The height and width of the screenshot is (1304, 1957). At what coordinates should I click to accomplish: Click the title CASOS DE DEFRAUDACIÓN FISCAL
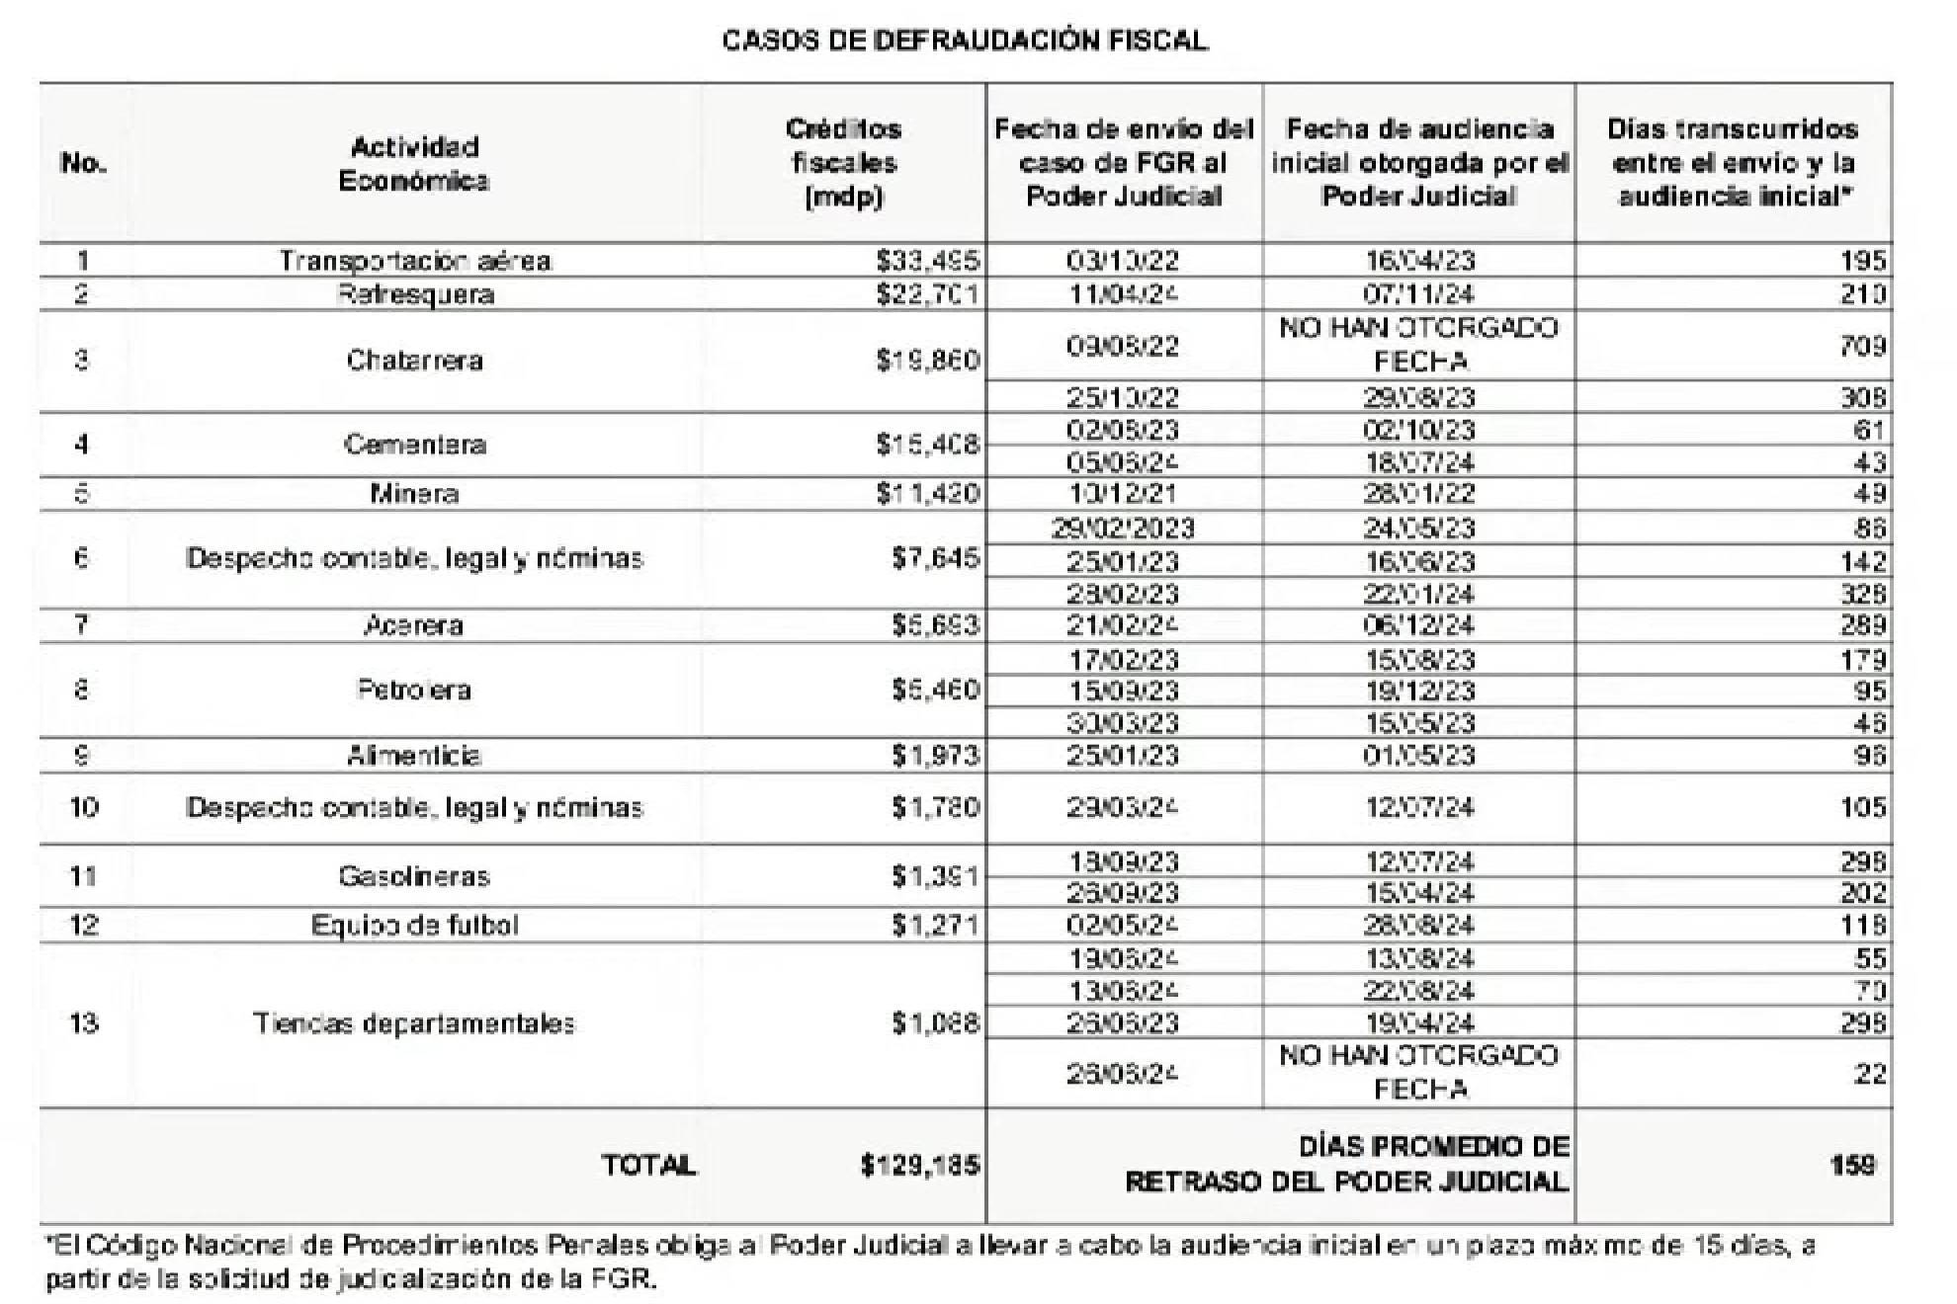click(x=965, y=41)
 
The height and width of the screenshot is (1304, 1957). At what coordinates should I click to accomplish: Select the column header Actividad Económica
click(x=414, y=164)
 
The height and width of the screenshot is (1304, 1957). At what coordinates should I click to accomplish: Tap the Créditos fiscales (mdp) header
click(x=843, y=163)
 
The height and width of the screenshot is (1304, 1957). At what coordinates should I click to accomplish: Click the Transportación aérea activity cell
click(x=414, y=261)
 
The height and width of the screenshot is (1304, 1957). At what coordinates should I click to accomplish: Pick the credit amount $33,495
click(x=926, y=261)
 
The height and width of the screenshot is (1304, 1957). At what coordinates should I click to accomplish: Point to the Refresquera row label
click(x=414, y=294)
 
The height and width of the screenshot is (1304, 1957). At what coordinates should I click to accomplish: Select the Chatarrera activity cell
click(x=414, y=360)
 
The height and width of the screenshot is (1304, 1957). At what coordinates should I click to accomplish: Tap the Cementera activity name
click(x=414, y=445)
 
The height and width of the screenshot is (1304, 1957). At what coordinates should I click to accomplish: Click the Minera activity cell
click(x=414, y=493)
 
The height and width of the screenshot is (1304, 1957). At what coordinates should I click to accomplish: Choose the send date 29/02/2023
click(x=1123, y=529)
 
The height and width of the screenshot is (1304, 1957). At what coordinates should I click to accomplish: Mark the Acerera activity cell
click(x=414, y=625)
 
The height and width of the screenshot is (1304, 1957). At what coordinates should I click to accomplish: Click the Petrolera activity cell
click(x=414, y=690)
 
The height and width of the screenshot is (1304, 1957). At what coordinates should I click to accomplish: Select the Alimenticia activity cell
click(x=414, y=756)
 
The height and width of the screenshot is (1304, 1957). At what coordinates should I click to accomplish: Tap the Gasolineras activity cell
click(x=414, y=876)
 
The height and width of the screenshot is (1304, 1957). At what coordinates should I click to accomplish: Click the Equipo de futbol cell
click(x=414, y=926)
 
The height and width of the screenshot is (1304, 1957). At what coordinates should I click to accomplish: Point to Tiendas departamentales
click(x=414, y=1023)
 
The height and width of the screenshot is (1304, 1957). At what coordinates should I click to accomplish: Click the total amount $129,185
click(x=919, y=1166)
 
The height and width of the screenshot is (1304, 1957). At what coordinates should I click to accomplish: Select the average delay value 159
click(x=1851, y=1166)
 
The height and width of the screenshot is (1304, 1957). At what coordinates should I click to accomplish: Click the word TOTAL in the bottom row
click(x=648, y=1166)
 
